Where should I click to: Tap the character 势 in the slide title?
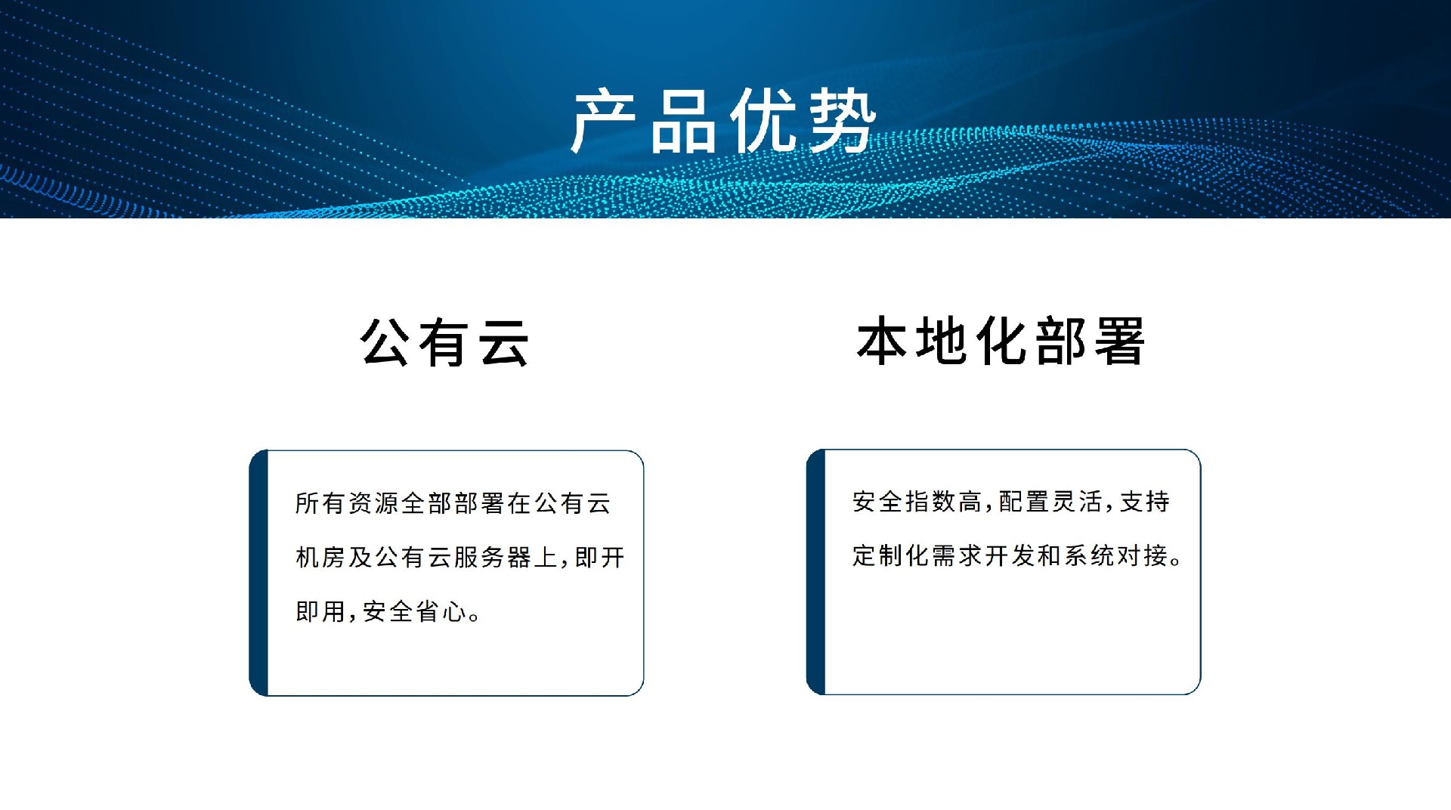pyautogui.click(x=843, y=121)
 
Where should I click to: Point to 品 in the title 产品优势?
pyautogui.click(x=683, y=121)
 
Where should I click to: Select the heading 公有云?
pyautogui.click(x=444, y=342)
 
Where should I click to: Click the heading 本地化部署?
pyautogui.click(x=1001, y=341)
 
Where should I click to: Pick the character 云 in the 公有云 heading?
pyautogui.click(x=504, y=342)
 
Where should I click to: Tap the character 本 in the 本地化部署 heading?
pyautogui.click(x=881, y=342)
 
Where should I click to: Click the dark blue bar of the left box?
pyautogui.click(x=259, y=573)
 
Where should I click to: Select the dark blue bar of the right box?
pyautogui.click(x=816, y=572)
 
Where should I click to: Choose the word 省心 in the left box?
pyautogui.click(x=441, y=611)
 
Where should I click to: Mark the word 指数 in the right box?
pyautogui.click(x=931, y=502)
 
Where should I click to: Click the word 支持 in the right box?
pyautogui.click(x=1144, y=502)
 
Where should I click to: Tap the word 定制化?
pyautogui.click(x=891, y=555)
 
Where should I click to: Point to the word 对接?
pyautogui.click(x=1143, y=555)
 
